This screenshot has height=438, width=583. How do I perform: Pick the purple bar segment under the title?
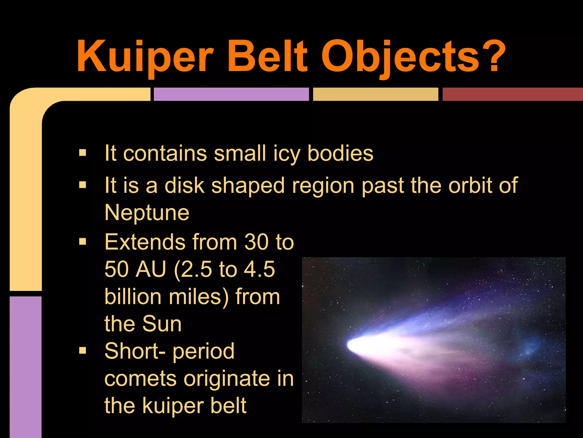click(231, 94)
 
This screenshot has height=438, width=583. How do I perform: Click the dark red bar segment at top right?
click(512, 94)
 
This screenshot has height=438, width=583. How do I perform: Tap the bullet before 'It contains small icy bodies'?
click(83, 153)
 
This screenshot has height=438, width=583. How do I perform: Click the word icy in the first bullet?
click(286, 154)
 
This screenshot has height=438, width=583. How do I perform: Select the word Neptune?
click(147, 213)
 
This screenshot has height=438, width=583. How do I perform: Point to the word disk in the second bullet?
click(184, 185)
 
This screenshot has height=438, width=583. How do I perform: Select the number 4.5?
click(259, 269)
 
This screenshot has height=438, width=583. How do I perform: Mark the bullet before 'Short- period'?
click(83, 350)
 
